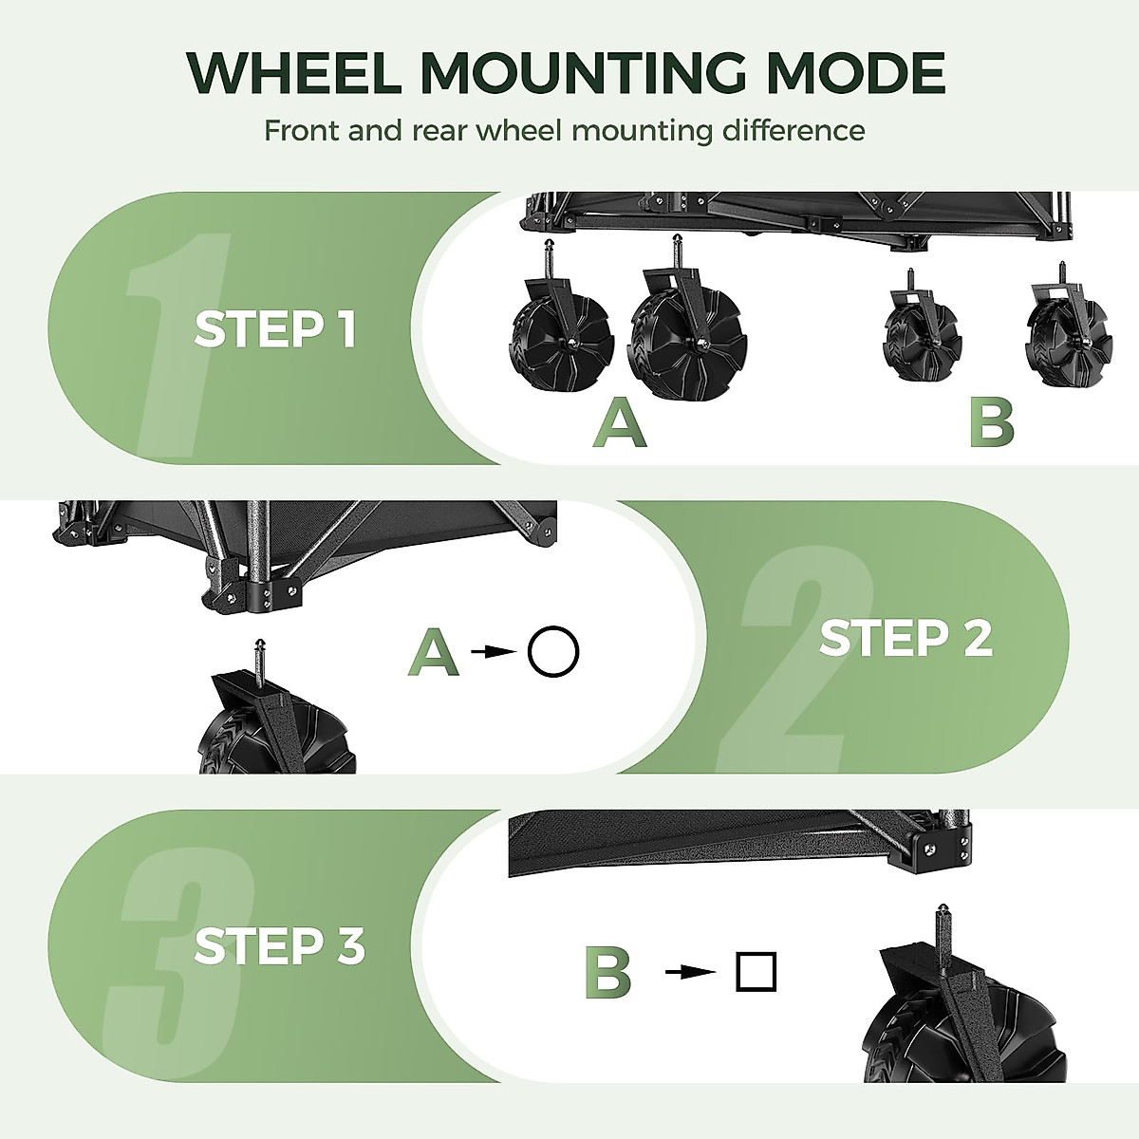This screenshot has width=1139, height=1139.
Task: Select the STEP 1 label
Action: coord(274,329)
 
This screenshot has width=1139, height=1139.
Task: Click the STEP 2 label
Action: coord(905,638)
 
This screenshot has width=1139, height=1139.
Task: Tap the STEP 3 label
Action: coord(279,946)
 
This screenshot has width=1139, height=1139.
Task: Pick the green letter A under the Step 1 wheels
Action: coord(619,424)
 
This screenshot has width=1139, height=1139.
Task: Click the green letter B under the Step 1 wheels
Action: coord(991,424)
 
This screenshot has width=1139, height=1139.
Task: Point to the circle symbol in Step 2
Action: coord(552,653)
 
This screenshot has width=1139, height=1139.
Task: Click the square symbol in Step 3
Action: coord(756,971)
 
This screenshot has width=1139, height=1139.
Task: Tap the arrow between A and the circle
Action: coord(490,652)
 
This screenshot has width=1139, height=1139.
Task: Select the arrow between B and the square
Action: coord(690,972)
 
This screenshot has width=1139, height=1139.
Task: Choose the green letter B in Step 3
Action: coord(607,973)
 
